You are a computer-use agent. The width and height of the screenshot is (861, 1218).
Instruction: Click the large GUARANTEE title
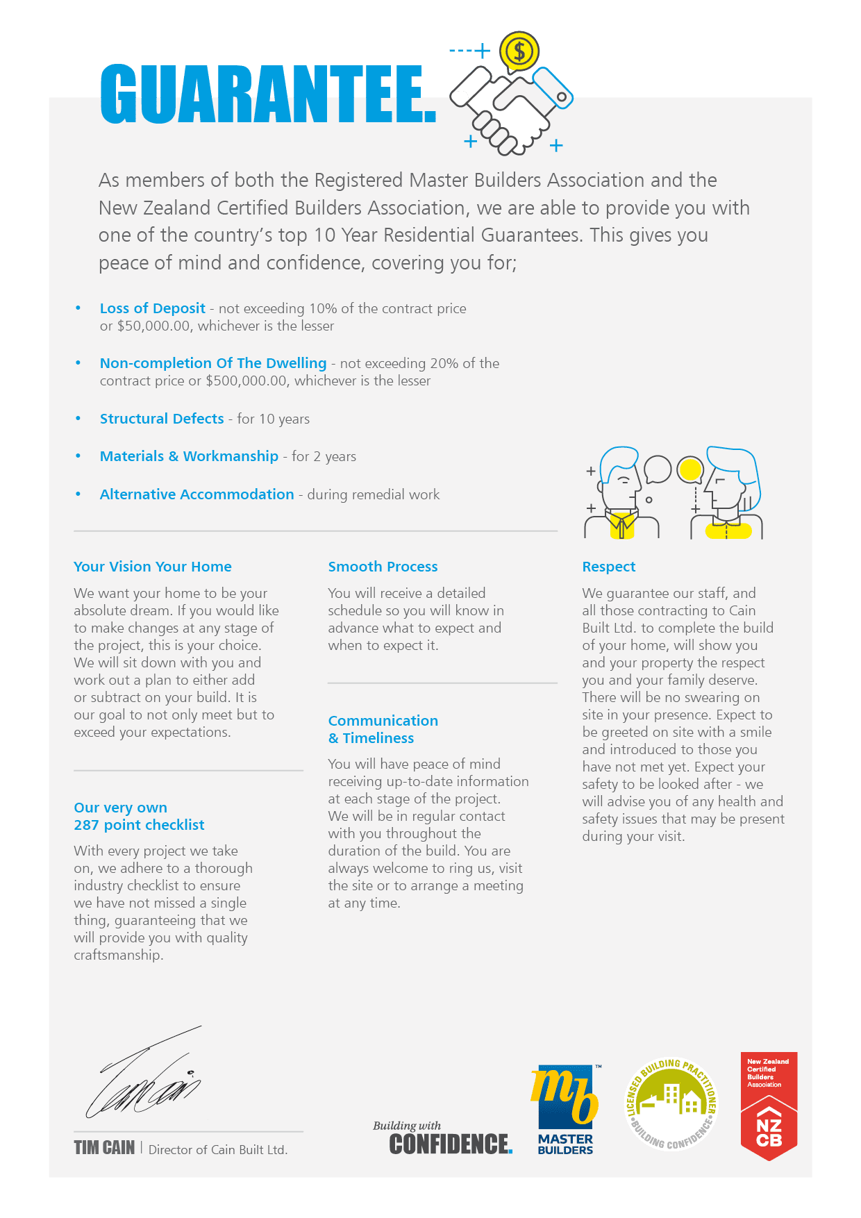[x=268, y=94]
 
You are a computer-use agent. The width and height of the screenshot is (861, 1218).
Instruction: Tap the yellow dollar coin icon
[x=519, y=51]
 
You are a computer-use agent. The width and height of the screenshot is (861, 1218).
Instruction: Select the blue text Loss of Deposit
[x=153, y=308]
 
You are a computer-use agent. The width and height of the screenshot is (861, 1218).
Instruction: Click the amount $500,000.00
[x=246, y=381]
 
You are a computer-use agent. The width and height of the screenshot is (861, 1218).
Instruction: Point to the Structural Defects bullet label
[x=162, y=419]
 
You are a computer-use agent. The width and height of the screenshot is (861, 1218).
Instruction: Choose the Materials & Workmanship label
[x=189, y=456]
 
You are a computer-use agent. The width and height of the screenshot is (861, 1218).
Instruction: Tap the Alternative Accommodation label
[x=197, y=494]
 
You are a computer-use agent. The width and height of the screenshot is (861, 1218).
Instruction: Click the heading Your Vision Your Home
[x=153, y=567]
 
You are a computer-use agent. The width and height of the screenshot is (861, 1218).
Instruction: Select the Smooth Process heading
[x=383, y=567]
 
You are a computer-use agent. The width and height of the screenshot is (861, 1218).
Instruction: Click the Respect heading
[x=609, y=567]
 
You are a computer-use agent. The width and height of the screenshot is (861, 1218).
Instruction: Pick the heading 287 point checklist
[x=140, y=825]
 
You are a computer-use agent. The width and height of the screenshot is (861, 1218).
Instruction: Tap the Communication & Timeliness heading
[x=383, y=729]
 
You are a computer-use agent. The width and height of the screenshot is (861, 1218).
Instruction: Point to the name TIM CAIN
[x=105, y=1148]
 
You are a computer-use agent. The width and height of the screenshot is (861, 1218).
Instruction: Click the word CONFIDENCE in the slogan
[x=450, y=1144]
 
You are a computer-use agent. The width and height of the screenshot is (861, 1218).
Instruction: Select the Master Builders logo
[x=565, y=1108]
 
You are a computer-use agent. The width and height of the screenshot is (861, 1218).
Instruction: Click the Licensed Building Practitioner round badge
[x=671, y=1104]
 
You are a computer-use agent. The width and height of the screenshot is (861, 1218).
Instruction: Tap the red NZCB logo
[x=769, y=1106]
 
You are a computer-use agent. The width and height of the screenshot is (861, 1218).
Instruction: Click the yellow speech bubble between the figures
[x=690, y=469]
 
